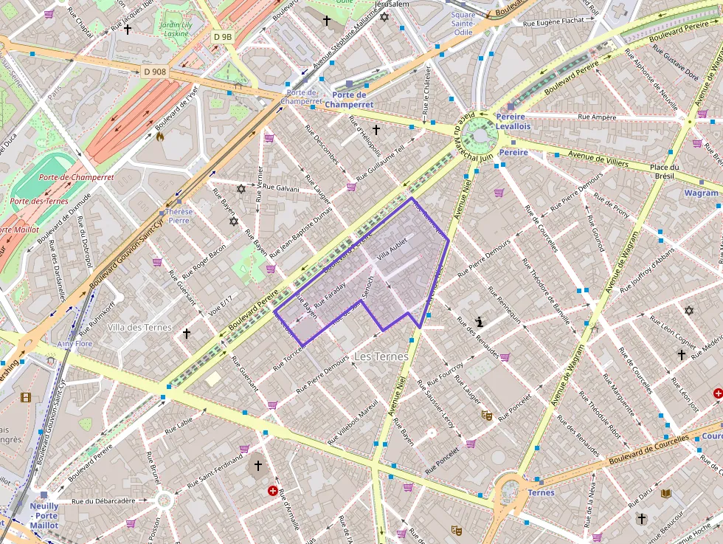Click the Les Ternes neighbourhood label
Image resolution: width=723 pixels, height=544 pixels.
coord(381,357)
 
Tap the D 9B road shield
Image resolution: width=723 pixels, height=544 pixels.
coord(222,36)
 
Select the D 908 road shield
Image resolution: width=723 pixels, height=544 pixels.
coord(154,71)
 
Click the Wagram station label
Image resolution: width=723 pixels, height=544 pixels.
coord(701,193)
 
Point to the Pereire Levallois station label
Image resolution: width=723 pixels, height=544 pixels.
coord(513,122)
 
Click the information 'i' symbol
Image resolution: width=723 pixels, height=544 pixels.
coord(480,322)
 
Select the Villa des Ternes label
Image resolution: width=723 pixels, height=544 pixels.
coord(139,327)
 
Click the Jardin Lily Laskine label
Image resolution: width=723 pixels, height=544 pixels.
coord(176,29)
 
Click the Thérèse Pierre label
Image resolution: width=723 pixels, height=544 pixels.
coord(179,216)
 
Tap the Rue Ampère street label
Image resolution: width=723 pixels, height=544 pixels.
coord(597,117)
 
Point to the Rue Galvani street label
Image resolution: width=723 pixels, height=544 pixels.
coord(282,189)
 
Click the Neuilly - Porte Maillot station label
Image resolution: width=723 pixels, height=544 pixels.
coord(44,514)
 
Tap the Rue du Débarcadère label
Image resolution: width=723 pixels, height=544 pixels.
coord(104,500)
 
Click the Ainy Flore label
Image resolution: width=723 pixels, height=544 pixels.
coord(75,343)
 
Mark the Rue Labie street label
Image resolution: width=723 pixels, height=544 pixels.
coord(179,421)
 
